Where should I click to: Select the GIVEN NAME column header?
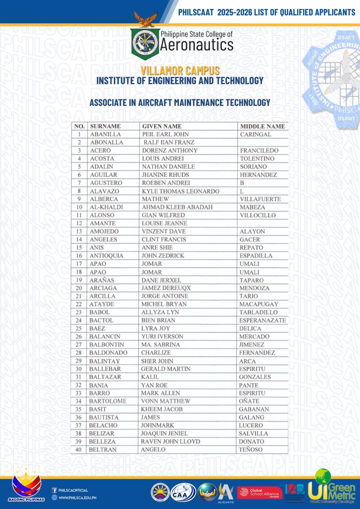pyautogui.click(x=162, y=126)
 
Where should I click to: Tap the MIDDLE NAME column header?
pyautogui.click(x=262, y=126)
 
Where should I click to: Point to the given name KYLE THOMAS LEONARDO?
pyautogui.click(x=180, y=191)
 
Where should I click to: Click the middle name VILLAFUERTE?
pyautogui.click(x=260, y=199)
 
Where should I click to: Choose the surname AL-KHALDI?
pyautogui.click(x=104, y=207)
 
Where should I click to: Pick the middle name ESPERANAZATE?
pyautogui.click(x=263, y=321)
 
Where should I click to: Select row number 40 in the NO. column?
pyautogui.click(x=79, y=449)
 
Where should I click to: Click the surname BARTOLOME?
pyautogui.click(x=108, y=401)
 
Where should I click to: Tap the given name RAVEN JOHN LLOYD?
pyautogui.click(x=171, y=441)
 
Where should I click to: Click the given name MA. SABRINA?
pyautogui.click(x=162, y=344)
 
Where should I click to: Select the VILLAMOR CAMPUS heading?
pyautogui.click(x=180, y=71)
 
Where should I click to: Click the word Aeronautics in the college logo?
pyautogui.click(x=196, y=45)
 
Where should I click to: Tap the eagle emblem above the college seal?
pyautogui.click(x=145, y=20)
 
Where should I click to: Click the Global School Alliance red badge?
pyautogui.click(x=260, y=492)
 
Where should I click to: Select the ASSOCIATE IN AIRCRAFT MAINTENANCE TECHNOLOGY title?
pyautogui.click(x=180, y=103)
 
